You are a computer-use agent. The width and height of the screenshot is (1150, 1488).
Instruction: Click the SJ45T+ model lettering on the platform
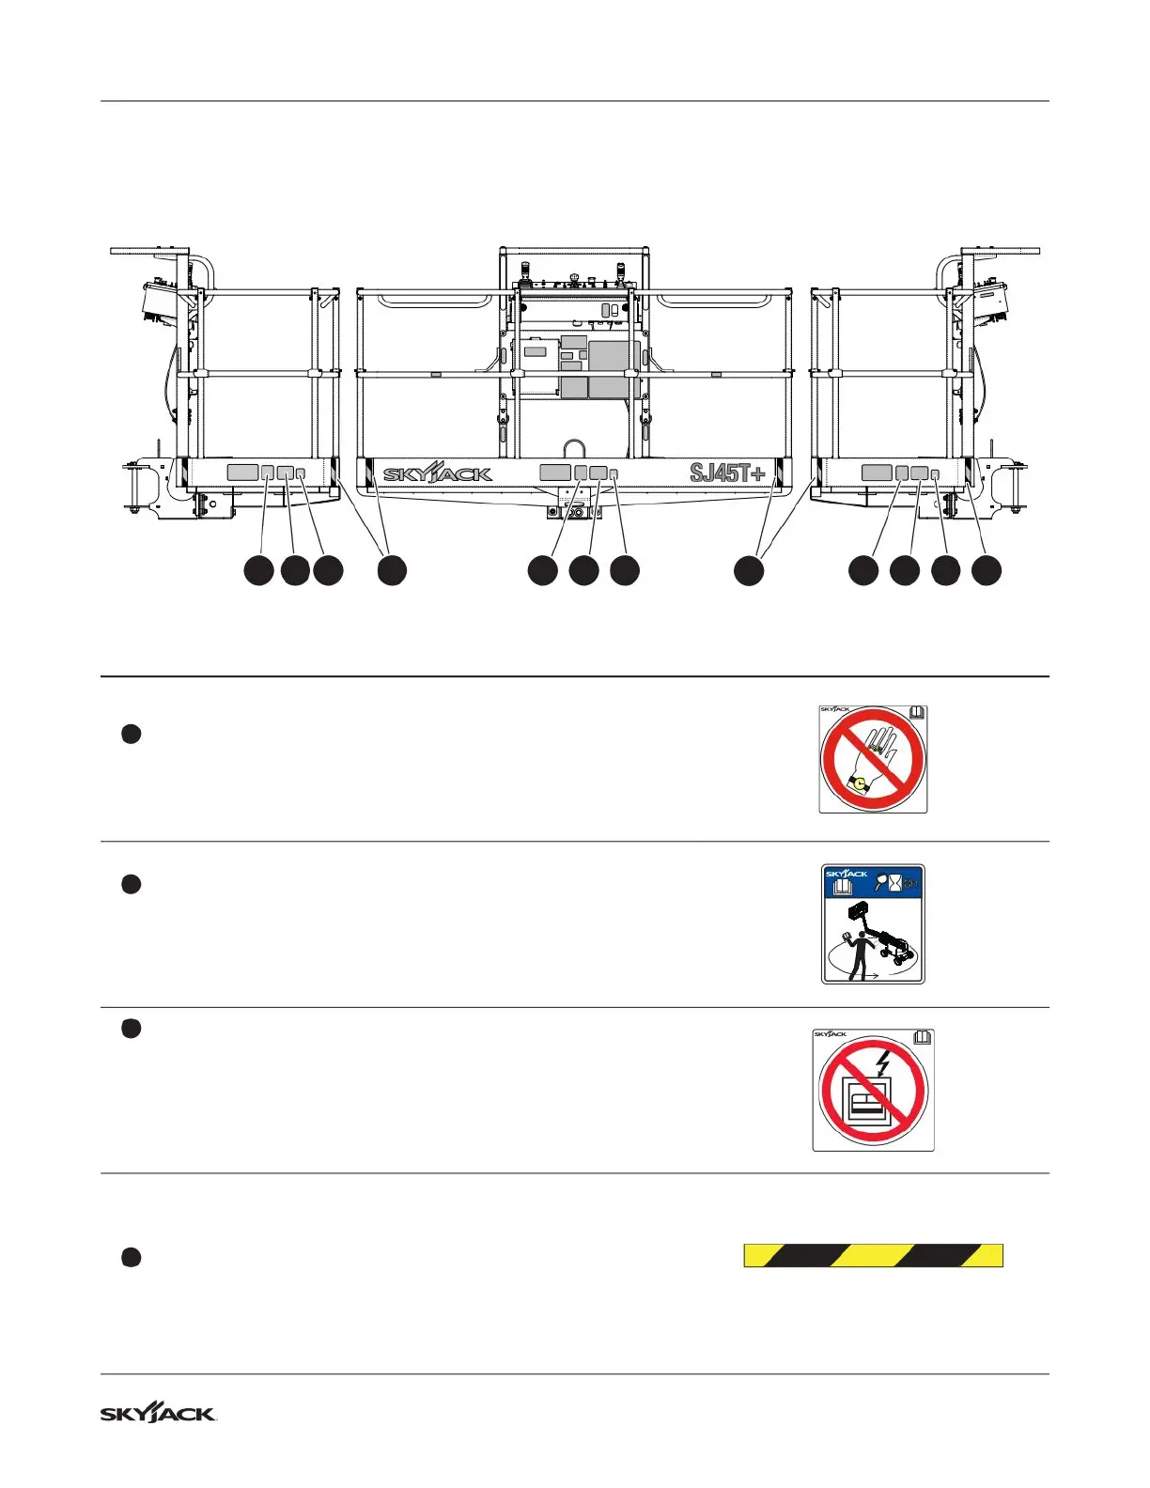point(727,473)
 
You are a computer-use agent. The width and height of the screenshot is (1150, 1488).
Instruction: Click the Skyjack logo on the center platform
point(437,474)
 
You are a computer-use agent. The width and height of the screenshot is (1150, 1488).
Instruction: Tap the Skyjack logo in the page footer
point(158,1414)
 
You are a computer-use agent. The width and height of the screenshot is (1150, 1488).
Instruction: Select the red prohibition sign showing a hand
point(873,759)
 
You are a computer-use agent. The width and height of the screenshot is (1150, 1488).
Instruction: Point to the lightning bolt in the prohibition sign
point(881,1063)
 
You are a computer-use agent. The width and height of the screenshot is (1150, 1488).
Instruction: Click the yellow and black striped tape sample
point(873,1255)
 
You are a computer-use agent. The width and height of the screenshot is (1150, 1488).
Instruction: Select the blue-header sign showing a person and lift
point(873,924)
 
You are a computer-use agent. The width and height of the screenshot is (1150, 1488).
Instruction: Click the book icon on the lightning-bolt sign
point(923,1037)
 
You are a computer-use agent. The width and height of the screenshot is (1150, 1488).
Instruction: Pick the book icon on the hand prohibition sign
point(917,713)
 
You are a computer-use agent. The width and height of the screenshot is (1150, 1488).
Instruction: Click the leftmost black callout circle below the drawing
point(258,570)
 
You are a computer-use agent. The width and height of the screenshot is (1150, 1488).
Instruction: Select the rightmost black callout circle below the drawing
point(986,570)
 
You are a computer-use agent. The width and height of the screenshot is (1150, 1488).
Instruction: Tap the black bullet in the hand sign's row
point(132,735)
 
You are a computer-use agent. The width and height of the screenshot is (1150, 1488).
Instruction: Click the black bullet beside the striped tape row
point(132,1258)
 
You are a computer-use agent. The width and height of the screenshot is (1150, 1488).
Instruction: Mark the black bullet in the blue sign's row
point(132,884)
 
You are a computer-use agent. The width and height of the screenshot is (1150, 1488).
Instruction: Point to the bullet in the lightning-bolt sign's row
point(132,1030)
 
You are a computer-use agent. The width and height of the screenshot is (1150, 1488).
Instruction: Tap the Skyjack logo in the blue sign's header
point(847,874)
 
